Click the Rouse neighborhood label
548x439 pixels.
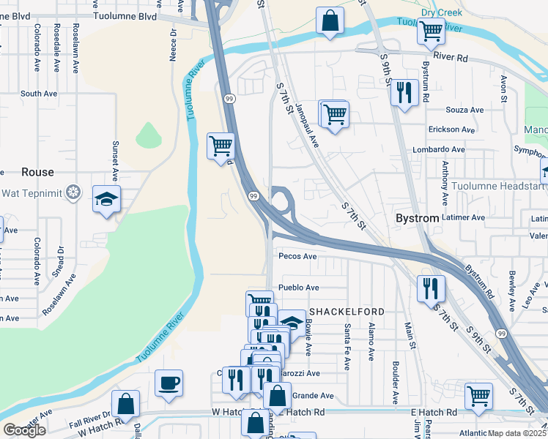point(37,172)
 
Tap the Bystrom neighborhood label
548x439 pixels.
point(416,219)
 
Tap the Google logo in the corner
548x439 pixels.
point(24,430)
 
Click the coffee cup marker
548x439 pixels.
point(169,383)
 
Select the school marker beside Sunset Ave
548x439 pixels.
point(106,198)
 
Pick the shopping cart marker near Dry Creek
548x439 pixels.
point(431,31)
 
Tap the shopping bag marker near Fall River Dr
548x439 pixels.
point(125,404)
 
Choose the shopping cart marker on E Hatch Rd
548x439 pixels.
point(478,397)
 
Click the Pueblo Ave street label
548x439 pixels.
point(298,288)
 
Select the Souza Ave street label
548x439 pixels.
point(466,110)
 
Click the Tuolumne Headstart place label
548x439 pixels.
point(497,187)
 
